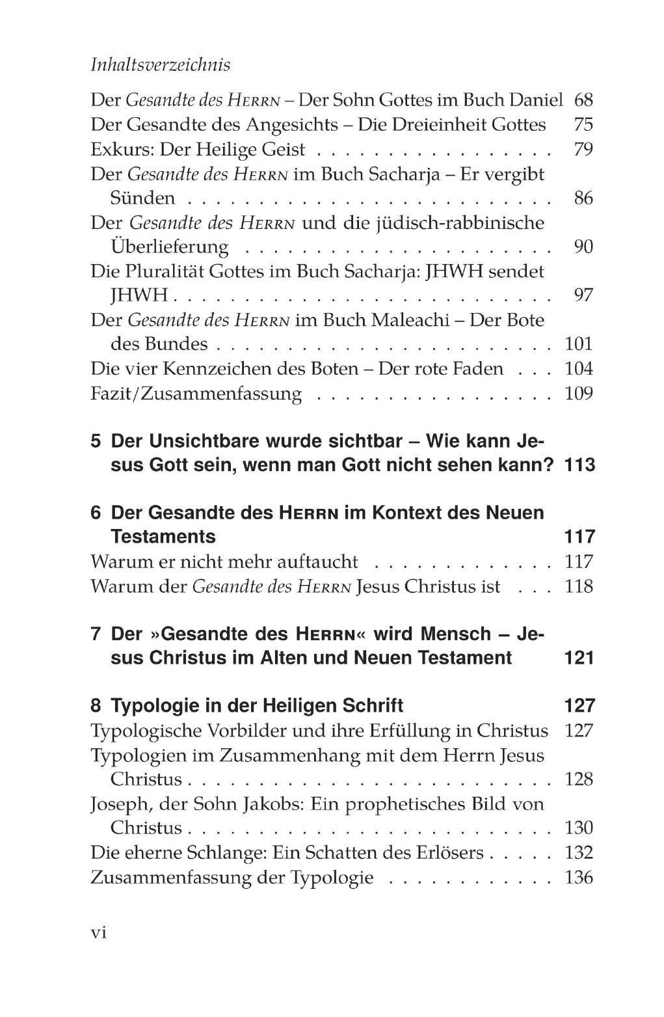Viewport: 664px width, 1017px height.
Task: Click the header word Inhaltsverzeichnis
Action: pyautogui.click(x=160, y=66)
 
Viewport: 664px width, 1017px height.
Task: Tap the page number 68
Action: pyautogui.click(x=583, y=101)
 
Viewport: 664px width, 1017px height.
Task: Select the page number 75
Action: pyautogui.click(x=583, y=125)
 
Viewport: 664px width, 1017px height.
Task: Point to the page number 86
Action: pyautogui.click(x=583, y=198)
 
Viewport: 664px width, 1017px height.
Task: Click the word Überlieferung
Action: pyautogui.click(x=170, y=247)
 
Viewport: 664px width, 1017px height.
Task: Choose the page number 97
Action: pyautogui.click(x=583, y=295)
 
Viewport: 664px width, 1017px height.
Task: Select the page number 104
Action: pyautogui.click(x=579, y=369)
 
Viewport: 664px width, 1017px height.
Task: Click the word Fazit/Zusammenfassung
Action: pyautogui.click(x=196, y=394)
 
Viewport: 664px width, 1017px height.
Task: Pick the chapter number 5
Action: pyautogui.click(x=96, y=441)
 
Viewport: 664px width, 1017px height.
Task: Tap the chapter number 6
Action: pyautogui.click(x=96, y=513)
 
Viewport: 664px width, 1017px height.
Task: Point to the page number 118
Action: pyautogui.click(x=579, y=586)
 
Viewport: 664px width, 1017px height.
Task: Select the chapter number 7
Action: pyautogui.click(x=96, y=634)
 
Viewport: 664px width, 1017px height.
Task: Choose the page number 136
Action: pyautogui.click(x=579, y=878)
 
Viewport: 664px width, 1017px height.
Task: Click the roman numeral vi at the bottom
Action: pyautogui.click(x=98, y=932)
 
